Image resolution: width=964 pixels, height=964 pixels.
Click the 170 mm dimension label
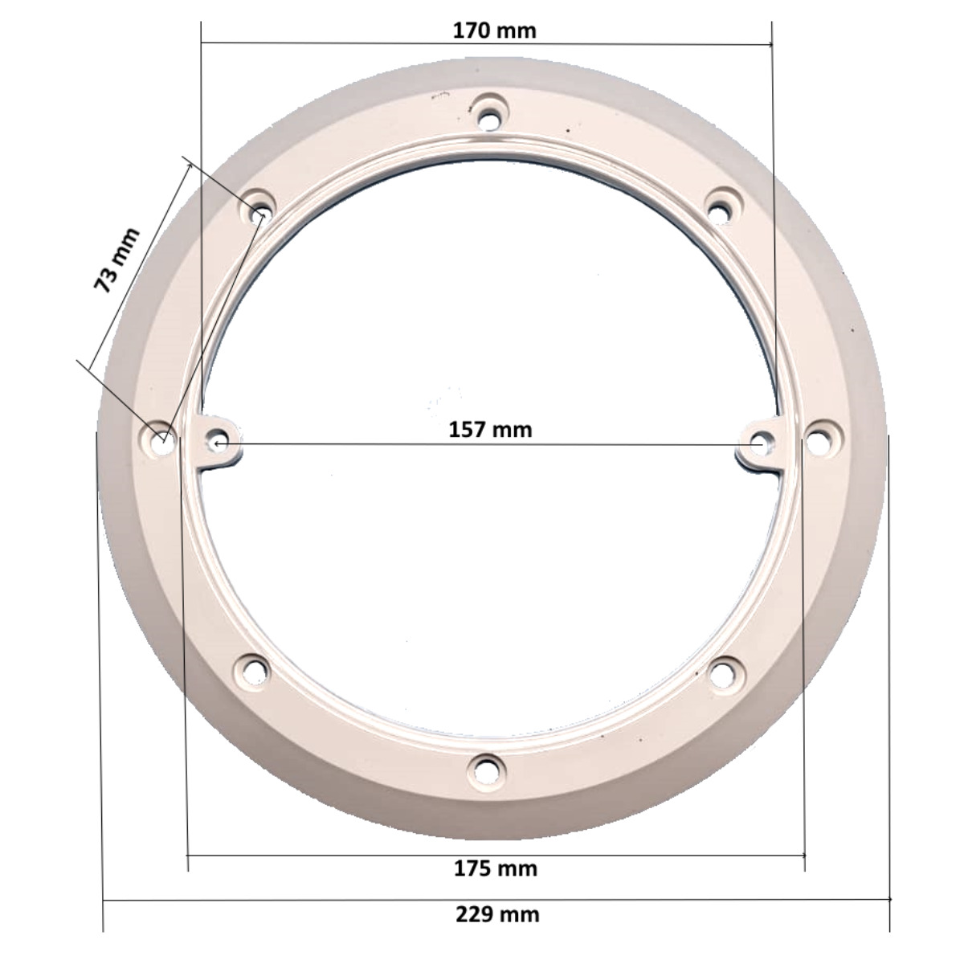point(494,31)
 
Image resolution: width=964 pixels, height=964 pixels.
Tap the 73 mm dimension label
point(116,259)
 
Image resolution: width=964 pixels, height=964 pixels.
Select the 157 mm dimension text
point(490,429)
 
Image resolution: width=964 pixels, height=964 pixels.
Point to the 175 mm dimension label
point(496,868)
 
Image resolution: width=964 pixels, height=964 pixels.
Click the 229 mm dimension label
point(498,914)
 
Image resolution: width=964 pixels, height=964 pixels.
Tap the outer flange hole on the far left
point(161,439)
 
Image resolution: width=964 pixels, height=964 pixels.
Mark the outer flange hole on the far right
point(817,440)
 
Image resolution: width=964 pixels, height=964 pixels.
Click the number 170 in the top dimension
point(472,31)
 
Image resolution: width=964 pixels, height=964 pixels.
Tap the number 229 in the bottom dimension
point(476,914)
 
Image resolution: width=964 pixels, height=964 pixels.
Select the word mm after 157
point(513,429)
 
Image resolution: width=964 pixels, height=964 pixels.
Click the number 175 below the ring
point(473,868)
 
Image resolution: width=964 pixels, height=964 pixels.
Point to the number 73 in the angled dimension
point(106,276)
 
